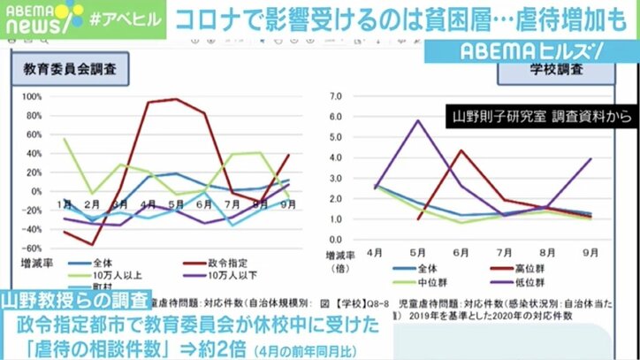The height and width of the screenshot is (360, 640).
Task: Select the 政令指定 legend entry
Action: coord(209,263)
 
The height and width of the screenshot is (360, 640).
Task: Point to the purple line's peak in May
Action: coord(418,120)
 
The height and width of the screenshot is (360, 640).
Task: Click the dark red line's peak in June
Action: coord(460,150)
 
